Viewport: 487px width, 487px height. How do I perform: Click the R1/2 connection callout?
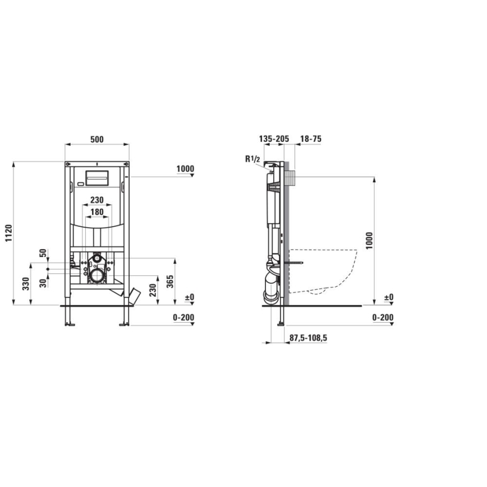252,159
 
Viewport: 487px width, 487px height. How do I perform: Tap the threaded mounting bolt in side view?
296,262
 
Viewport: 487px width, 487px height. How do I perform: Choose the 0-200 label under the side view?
382,318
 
